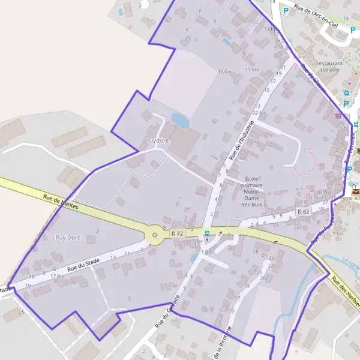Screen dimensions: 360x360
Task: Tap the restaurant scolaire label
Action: [329, 66]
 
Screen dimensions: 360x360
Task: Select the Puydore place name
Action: [158, 140]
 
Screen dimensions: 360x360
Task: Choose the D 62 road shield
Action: [304, 212]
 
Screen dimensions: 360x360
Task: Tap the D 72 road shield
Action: [176, 233]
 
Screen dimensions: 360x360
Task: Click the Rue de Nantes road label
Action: [62, 202]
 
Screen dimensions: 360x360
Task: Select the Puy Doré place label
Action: [68, 238]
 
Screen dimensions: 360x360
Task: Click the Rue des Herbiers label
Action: [346, 294]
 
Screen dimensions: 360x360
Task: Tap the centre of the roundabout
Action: [155, 235]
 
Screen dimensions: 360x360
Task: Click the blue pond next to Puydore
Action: [180, 120]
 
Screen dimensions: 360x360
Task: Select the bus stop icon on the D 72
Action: [208, 233]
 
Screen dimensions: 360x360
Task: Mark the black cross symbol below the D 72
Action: [207, 240]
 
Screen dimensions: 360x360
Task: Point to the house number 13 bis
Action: [224, 71]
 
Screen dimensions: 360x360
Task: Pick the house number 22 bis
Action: [259, 113]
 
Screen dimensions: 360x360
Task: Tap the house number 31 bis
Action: [323, 192]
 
